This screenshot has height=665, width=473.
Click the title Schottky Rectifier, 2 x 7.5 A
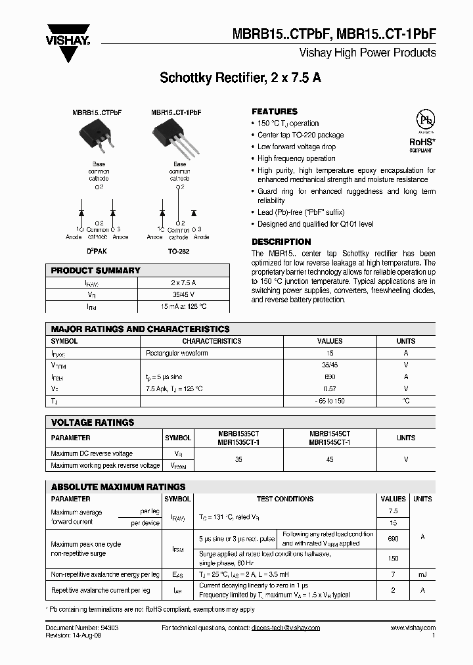240,78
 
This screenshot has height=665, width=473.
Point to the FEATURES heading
275,112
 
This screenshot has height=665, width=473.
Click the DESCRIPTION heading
281,242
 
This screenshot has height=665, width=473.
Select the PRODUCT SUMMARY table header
96,271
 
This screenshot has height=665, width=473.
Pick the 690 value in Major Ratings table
330,377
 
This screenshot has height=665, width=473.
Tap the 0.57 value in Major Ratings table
330,389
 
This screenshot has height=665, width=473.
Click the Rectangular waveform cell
177,354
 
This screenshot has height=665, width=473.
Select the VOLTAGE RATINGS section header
93,423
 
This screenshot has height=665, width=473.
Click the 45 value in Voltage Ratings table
330,459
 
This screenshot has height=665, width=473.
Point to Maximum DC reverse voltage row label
92,453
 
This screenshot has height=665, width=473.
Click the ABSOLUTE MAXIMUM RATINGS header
118,487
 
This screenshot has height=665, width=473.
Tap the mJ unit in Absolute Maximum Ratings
422,574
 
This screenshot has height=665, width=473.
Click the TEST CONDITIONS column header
284,499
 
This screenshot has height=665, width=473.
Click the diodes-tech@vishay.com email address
285,628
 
